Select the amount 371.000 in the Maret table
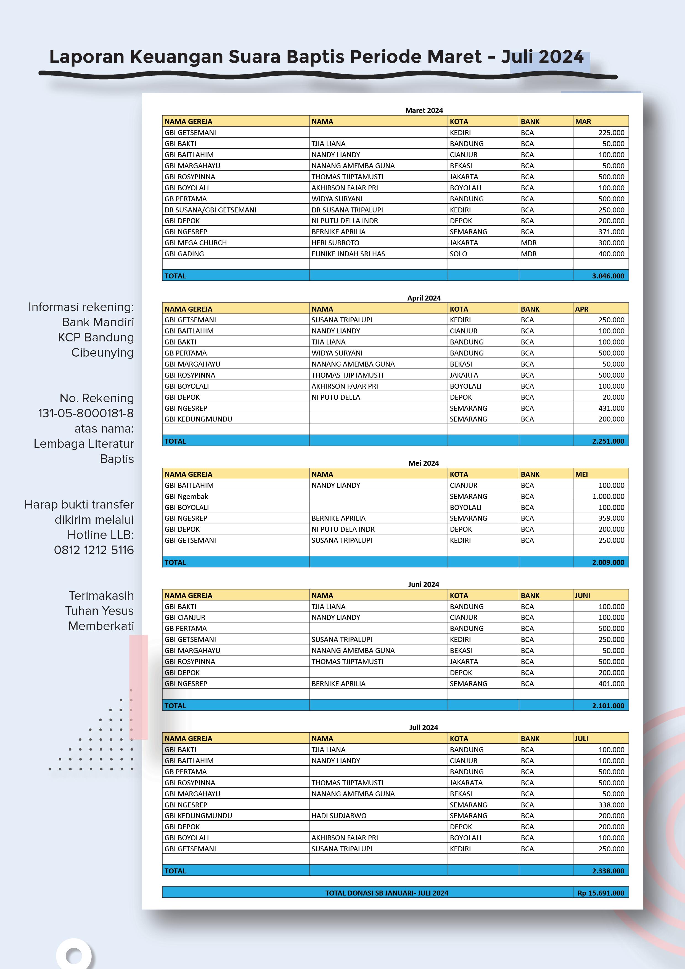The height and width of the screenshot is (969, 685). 611,232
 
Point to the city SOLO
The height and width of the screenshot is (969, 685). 459,254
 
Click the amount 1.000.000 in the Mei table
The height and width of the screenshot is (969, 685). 608,496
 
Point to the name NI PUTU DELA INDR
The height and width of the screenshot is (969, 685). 343,529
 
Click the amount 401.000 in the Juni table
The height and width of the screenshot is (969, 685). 611,683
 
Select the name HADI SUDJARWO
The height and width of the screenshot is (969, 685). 339,816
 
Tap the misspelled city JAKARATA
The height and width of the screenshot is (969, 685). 466,783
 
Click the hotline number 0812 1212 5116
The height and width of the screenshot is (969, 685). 94,550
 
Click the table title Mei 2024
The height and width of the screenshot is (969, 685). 424,463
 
